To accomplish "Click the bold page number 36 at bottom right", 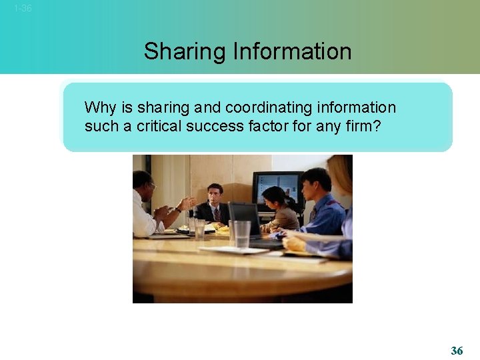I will (457, 351).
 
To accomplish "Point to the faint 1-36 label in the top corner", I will (23, 9).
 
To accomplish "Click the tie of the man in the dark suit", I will (217, 215).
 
